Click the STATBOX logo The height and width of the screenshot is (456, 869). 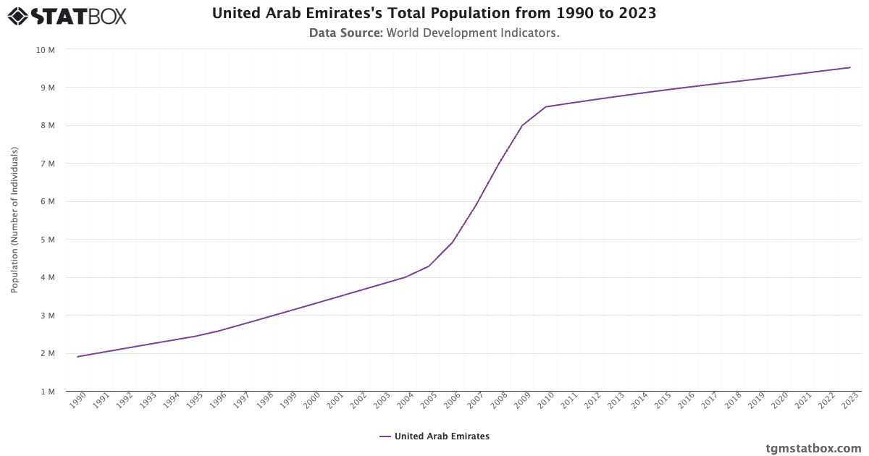pos(67,15)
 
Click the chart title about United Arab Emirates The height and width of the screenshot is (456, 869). pos(434,13)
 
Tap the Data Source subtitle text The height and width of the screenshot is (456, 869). pos(434,33)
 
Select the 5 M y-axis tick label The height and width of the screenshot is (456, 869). pos(48,240)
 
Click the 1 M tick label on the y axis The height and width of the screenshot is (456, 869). pos(48,392)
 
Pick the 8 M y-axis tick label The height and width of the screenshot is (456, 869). pos(48,126)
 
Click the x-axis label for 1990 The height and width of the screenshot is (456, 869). pos(78,400)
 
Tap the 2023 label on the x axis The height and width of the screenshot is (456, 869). pos(850,400)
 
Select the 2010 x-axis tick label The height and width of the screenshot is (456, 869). pos(546,400)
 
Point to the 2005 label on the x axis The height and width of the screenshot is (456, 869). pos(429,400)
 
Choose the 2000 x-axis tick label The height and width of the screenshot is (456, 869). pos(312,400)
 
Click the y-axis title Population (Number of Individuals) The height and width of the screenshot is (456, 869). pos(14,220)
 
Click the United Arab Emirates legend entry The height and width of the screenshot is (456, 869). pos(434,436)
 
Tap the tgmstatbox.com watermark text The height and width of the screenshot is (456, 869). pos(813,448)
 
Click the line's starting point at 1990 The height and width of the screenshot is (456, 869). pos(77,357)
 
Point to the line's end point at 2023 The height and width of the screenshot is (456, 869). pos(850,67)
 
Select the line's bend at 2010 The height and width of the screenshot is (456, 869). pos(546,106)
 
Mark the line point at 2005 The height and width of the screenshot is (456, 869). pos(429,266)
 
